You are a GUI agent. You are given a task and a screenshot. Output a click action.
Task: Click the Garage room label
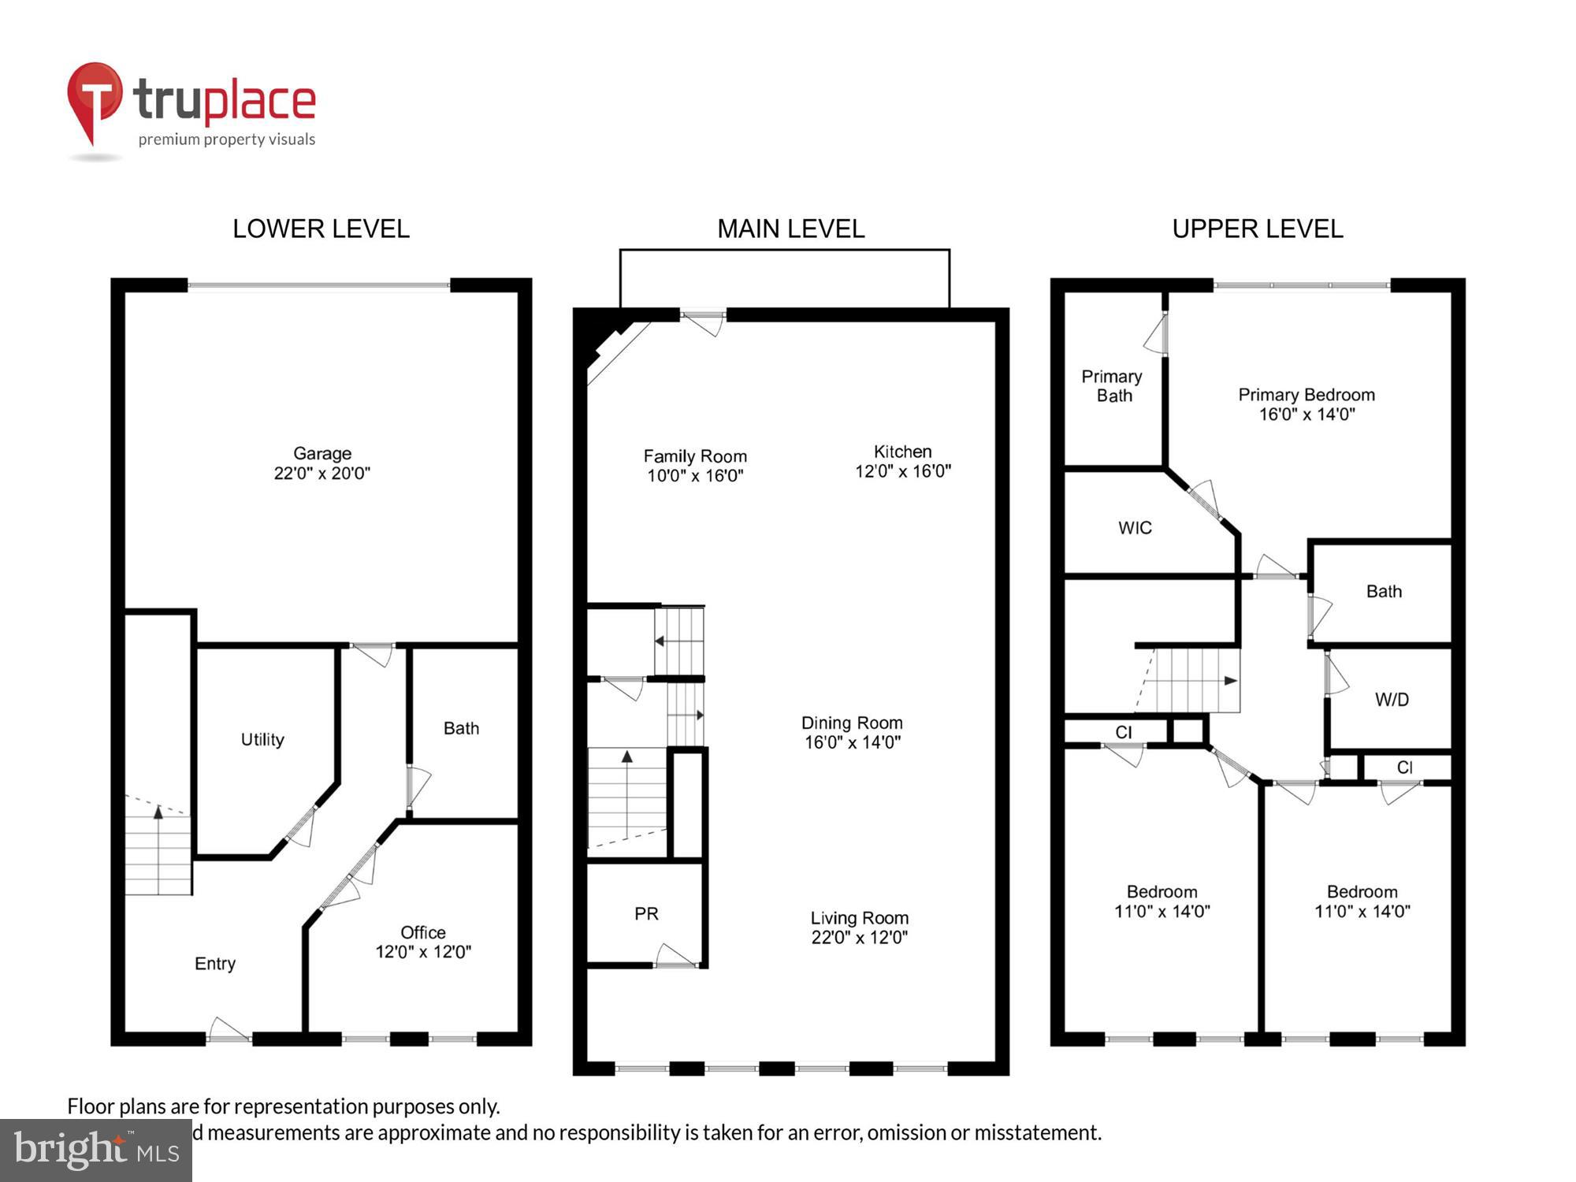322,454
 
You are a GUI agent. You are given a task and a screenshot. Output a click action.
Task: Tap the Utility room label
262,739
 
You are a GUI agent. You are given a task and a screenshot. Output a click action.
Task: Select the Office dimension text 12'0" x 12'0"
423,952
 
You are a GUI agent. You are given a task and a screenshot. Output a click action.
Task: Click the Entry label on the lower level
215,964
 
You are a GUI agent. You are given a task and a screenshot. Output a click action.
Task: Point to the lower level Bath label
461,728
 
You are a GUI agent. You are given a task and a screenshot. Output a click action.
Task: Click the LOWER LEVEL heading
321,229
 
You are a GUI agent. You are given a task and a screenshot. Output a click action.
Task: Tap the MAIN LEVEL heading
790,229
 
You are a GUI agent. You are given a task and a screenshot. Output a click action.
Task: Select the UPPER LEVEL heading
1257,229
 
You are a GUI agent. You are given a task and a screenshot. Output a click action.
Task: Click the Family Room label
695,456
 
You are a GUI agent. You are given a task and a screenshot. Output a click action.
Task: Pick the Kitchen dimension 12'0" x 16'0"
903,471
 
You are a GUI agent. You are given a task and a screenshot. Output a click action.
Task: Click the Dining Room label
852,723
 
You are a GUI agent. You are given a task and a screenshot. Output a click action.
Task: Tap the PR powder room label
646,913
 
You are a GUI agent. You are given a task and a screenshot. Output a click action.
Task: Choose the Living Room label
859,918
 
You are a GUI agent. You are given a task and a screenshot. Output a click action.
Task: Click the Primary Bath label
1112,386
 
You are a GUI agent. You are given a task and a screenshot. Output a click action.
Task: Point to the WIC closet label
1135,528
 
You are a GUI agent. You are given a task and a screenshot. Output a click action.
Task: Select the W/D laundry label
1392,700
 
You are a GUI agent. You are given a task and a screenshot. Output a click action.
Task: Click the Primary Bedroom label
1306,395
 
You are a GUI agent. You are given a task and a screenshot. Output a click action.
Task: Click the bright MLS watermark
96,1150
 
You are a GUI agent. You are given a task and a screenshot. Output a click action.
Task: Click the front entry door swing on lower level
229,1030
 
